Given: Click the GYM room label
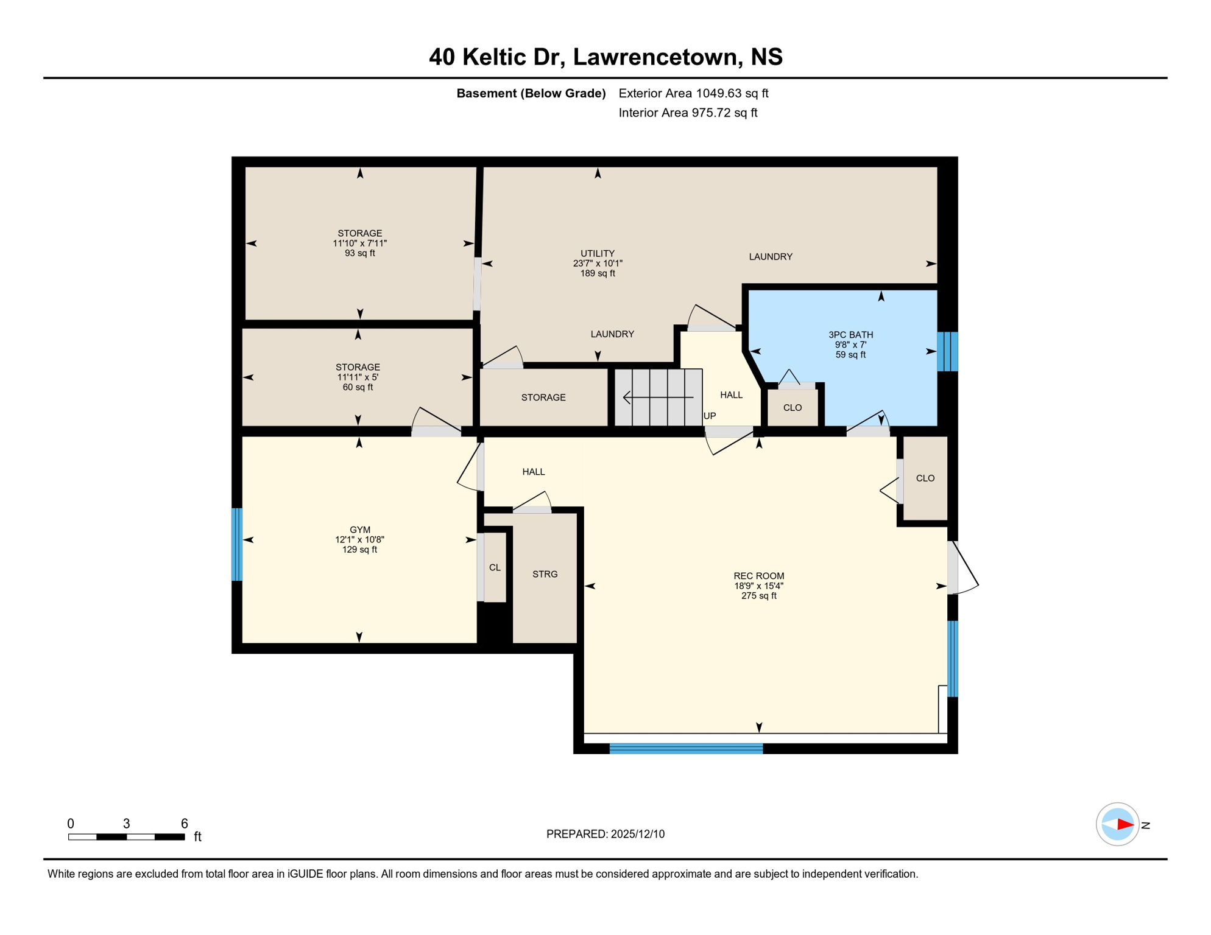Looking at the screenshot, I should click(359, 530).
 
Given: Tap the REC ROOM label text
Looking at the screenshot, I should click(758, 576).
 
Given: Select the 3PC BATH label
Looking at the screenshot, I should click(850, 335).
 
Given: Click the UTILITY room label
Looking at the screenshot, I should click(597, 253).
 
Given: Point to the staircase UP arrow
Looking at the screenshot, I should click(658, 397).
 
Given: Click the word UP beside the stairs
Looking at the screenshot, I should click(710, 416).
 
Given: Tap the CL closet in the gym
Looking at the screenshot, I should click(495, 567).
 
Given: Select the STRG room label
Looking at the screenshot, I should click(545, 574).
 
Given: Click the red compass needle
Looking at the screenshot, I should click(1124, 825).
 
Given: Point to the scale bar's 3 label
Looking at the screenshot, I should click(126, 824).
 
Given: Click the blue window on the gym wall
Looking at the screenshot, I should click(237, 544).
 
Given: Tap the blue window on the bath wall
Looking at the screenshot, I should click(947, 351).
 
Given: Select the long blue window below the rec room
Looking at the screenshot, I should click(686, 749).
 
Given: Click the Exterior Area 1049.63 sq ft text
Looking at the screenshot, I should click(693, 93).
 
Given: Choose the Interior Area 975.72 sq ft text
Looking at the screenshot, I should click(688, 113).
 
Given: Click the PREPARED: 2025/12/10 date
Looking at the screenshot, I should click(605, 834).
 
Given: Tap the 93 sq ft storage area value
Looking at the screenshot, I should click(359, 253).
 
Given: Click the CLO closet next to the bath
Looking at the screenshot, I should click(792, 408).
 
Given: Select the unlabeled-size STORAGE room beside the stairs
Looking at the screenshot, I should click(543, 397).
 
